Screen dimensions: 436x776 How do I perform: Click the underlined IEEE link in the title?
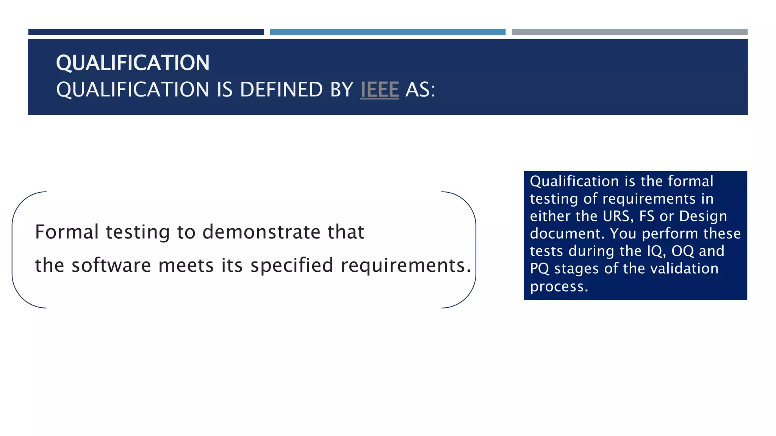[x=379, y=90]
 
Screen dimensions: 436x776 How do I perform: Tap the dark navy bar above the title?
[x=146, y=32]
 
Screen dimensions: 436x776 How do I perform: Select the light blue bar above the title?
[x=387, y=32]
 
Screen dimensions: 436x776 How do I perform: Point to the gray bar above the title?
[x=629, y=32]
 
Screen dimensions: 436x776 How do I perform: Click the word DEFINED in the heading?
[x=281, y=90]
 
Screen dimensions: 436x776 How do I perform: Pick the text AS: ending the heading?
[x=420, y=90]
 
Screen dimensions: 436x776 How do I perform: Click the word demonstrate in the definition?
[x=261, y=232]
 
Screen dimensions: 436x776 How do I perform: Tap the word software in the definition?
[x=111, y=265]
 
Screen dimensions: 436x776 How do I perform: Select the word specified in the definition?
[x=292, y=265]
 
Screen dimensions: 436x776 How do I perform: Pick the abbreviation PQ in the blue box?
[x=540, y=269]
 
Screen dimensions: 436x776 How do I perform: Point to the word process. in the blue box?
[x=559, y=287]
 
